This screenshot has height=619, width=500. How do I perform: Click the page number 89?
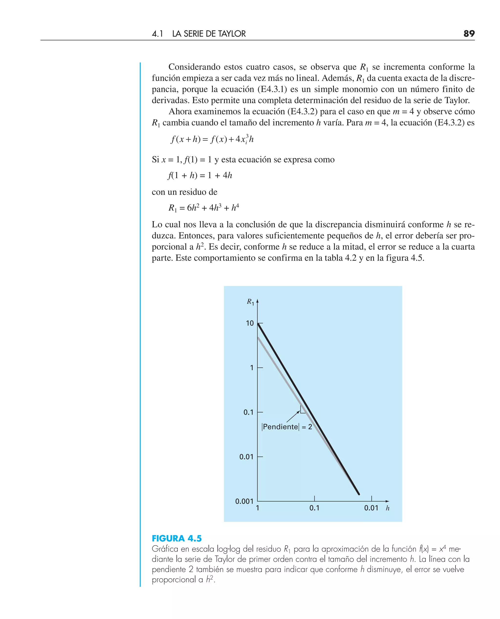pyautogui.click(x=469, y=34)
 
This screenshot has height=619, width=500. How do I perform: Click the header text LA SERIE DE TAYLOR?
pyautogui.click(x=209, y=34)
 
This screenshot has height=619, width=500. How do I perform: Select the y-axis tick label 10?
pyautogui.click(x=250, y=323)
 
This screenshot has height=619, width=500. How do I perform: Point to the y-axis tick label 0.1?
pyautogui.click(x=248, y=412)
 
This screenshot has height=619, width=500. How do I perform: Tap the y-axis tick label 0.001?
pyautogui.click(x=244, y=501)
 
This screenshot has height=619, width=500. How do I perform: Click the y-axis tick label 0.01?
pyautogui.click(x=246, y=457)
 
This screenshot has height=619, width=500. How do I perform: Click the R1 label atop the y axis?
pyautogui.click(x=250, y=302)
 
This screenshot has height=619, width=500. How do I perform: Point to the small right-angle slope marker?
pyautogui.click(x=303, y=410)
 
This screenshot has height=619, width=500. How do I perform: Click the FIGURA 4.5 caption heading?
pyautogui.click(x=177, y=538)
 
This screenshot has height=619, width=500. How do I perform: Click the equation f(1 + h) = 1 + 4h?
pyautogui.click(x=200, y=175)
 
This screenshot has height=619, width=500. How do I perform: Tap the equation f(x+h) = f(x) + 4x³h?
pyautogui.click(x=212, y=139)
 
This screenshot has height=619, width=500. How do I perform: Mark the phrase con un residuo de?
pyautogui.click(x=184, y=192)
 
